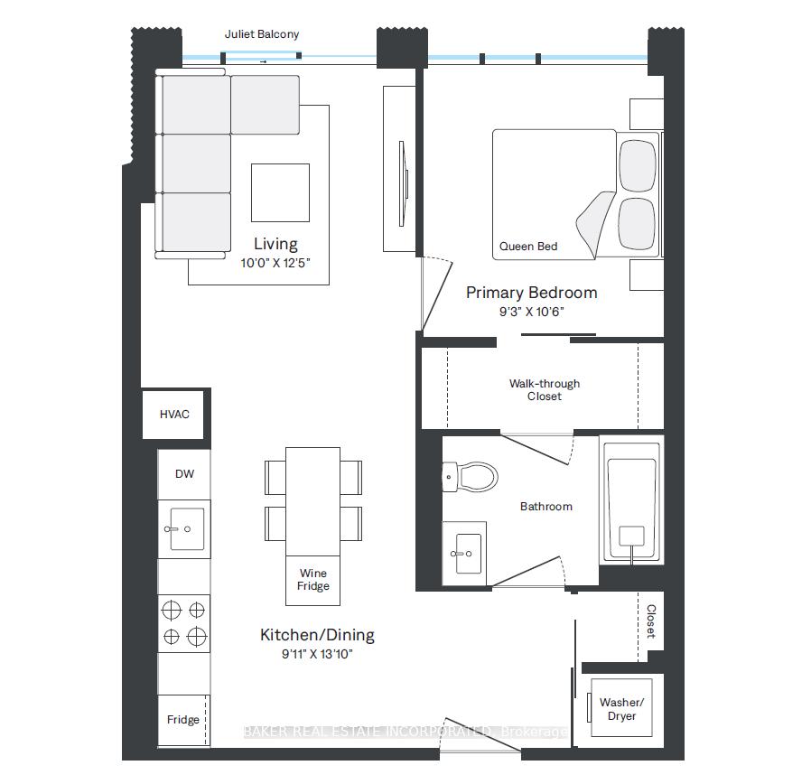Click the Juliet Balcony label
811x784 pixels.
262,34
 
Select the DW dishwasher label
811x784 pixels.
184,473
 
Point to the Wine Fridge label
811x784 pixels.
312,580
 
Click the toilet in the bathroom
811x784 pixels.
471,476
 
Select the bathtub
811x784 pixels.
631,499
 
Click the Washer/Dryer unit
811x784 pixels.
621,708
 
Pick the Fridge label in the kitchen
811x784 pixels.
183,719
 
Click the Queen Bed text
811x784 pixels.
528,247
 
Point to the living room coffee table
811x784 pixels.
280,193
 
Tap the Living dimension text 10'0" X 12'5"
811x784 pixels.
275,263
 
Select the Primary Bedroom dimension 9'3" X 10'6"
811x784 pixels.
531,312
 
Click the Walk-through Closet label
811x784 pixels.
544,390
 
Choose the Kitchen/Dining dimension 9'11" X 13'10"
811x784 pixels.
317,654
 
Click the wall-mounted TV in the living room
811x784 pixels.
404,183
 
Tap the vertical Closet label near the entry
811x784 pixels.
651,621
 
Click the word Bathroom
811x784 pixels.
546,507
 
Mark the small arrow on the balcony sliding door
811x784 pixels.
264,62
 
